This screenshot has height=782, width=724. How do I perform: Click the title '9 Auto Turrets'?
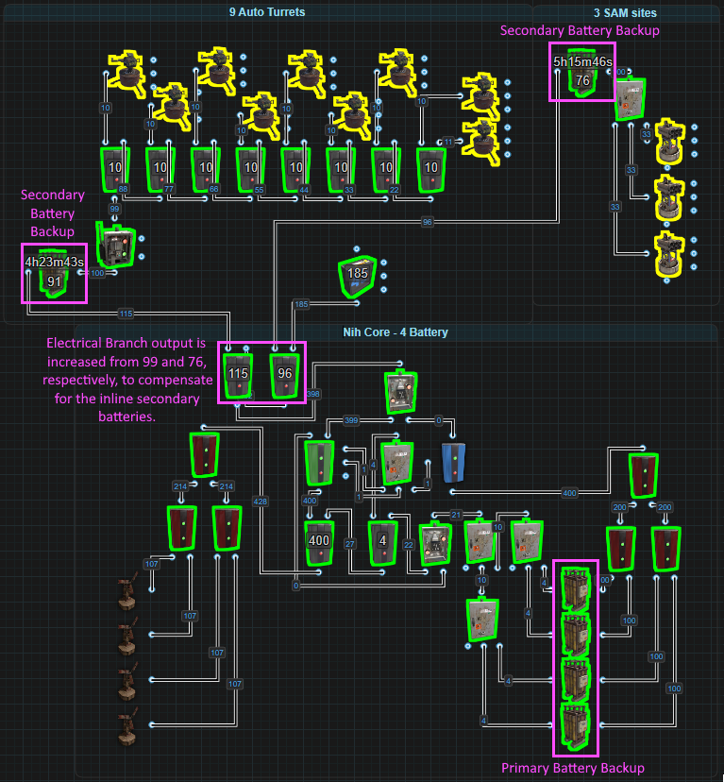(267, 12)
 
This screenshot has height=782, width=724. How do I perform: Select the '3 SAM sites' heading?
(625, 13)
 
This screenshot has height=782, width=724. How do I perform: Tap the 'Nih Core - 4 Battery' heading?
(396, 332)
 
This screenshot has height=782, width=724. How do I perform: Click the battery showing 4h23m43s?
(55, 274)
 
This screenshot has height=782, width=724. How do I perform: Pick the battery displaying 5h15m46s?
(582, 74)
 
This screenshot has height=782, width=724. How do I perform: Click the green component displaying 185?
(358, 275)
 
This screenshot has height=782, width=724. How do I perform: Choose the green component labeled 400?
(320, 541)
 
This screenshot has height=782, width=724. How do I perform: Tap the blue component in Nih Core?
(454, 462)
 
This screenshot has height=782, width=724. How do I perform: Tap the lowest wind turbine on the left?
(124, 728)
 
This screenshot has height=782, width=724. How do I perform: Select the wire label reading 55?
(260, 190)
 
